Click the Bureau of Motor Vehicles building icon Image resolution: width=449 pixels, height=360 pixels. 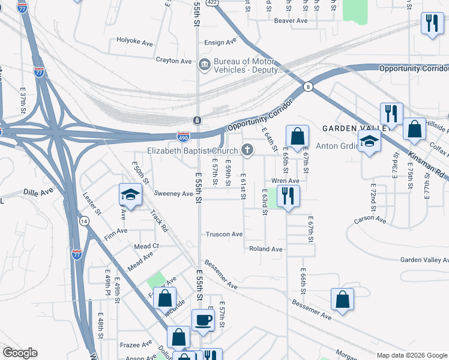pyautogui.click(x=205, y=64)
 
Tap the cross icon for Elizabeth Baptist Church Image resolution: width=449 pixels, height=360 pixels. pyautogui.click(x=247, y=149)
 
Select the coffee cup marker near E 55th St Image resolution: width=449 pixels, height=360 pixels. pyautogui.click(x=202, y=321)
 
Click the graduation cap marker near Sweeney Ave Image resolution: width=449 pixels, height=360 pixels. pyautogui.click(x=130, y=195)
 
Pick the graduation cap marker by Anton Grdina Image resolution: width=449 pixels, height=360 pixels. pyautogui.click(x=369, y=142)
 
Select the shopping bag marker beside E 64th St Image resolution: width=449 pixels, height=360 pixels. pyautogui.click(x=297, y=137)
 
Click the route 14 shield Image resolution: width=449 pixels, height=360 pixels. pyautogui.click(x=83, y=221)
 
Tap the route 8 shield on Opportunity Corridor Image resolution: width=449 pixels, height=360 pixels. pyautogui.click(x=307, y=86)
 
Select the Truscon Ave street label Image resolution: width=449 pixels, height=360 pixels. pyautogui.click(x=224, y=234)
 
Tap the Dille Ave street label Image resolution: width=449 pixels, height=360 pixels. pyautogui.click(x=38, y=192)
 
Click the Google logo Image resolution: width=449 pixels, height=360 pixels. pyautogui.click(x=20, y=353)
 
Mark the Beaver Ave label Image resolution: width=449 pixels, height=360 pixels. pyautogui.click(x=291, y=20)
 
